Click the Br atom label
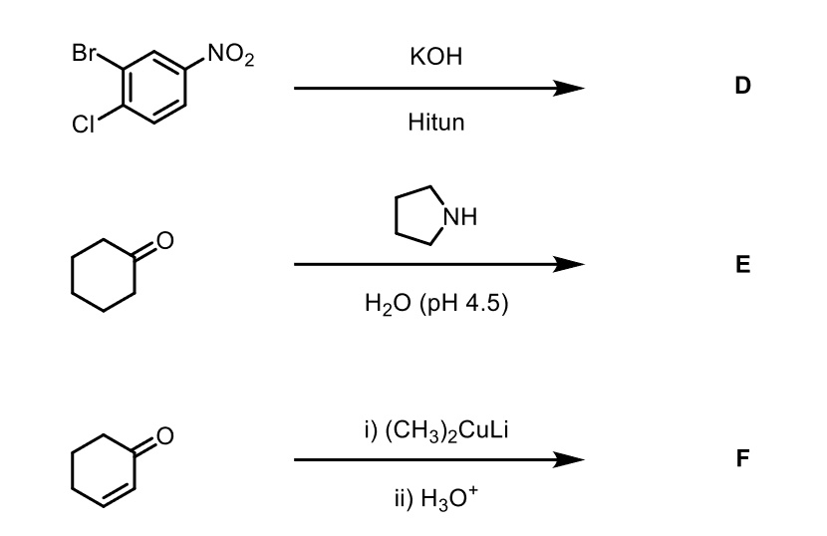tap(84, 53)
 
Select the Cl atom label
tap(83, 125)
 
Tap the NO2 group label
tap(231, 55)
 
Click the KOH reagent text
tap(435, 57)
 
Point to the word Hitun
tap(435, 122)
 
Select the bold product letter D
tap(742, 86)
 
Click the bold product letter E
tap(742, 264)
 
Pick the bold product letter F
tap(742, 458)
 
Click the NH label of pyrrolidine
tap(460, 217)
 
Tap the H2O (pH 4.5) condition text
tap(436, 303)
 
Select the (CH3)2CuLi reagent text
tap(446, 430)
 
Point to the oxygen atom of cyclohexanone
tap(165, 240)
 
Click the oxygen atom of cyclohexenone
tap(165, 436)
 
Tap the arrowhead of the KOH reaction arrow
tap(569, 88)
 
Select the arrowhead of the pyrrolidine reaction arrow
tap(569, 264)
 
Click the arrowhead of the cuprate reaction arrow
tap(569, 460)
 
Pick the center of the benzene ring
tap(154, 87)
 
